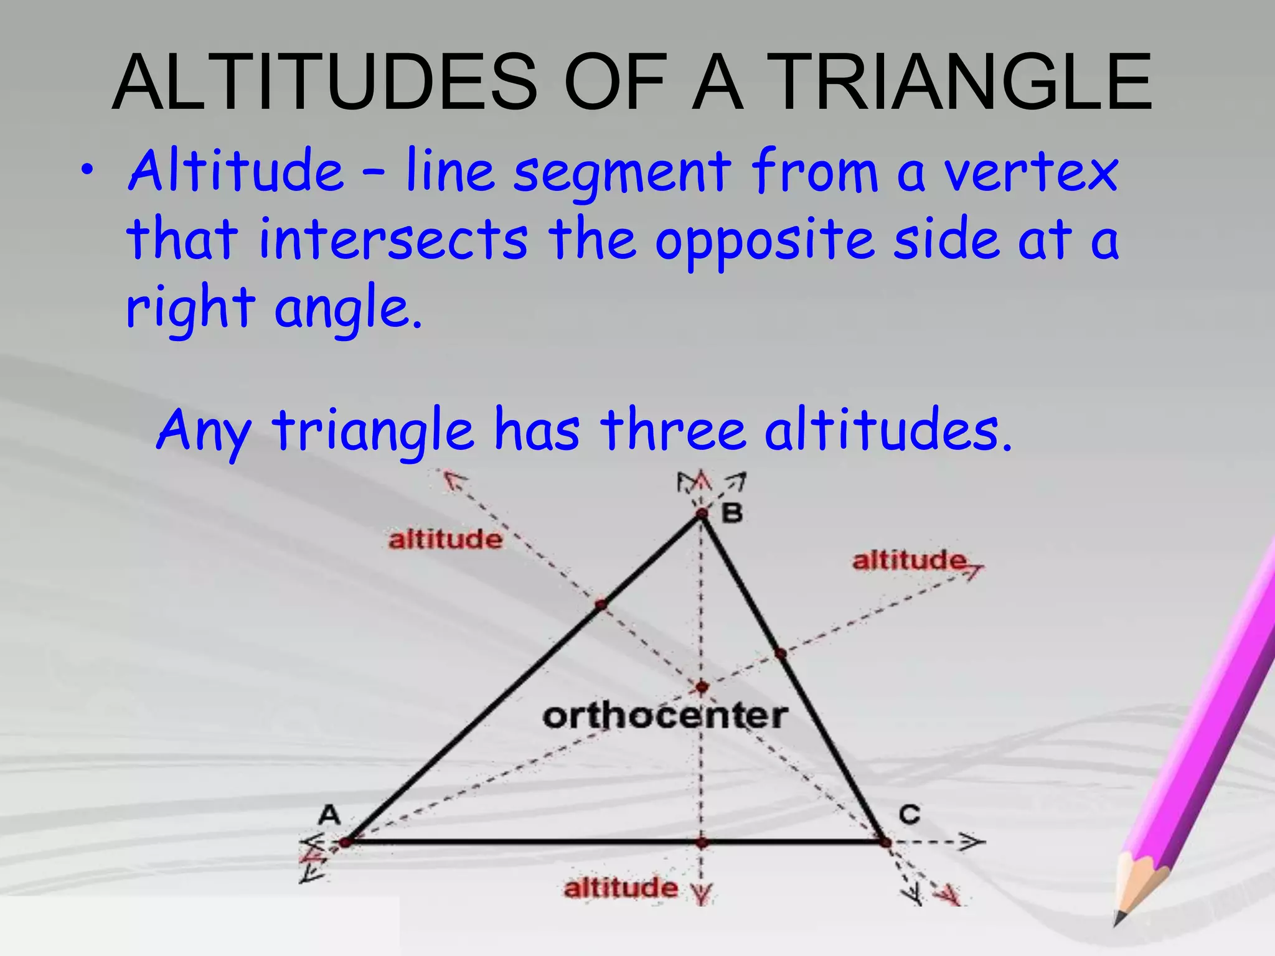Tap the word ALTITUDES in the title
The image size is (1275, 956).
(x=324, y=82)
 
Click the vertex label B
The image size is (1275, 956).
(x=732, y=514)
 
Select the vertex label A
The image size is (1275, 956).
(x=329, y=814)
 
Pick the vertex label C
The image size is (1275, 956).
(x=909, y=814)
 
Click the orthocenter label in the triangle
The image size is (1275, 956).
(x=665, y=716)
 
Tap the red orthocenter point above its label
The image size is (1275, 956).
(x=702, y=687)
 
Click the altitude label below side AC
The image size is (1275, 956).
(x=620, y=888)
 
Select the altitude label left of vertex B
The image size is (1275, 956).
(x=445, y=539)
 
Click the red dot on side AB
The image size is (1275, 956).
(x=601, y=604)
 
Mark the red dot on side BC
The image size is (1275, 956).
(x=781, y=653)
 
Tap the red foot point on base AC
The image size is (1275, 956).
(x=702, y=843)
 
